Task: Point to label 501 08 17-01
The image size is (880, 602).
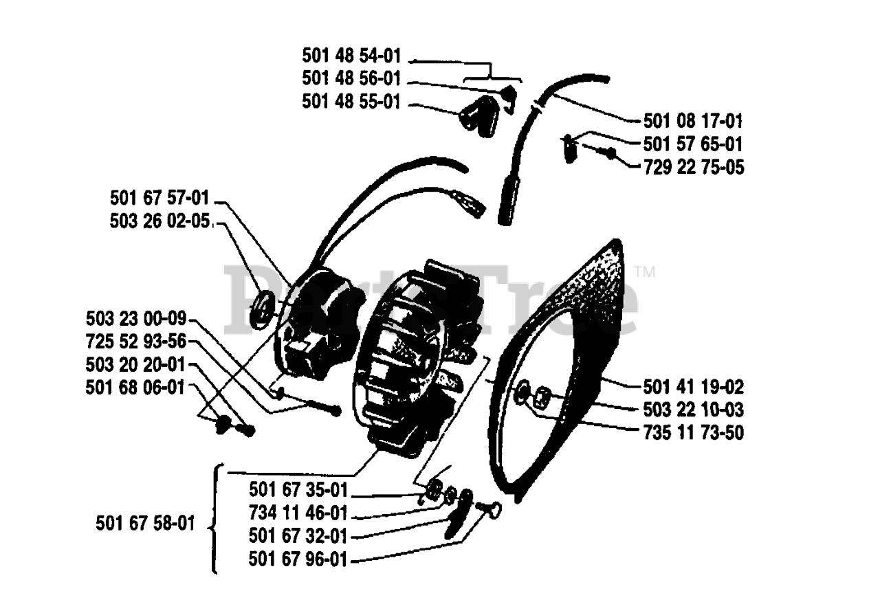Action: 693,121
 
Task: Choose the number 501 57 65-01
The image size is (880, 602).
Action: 693,144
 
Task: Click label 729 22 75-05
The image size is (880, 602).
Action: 693,167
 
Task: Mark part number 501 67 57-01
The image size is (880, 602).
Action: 159,199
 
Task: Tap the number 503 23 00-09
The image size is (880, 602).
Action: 136,319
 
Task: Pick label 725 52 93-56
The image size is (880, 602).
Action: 136,342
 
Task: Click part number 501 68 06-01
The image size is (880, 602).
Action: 136,387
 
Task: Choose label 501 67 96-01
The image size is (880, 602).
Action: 298,560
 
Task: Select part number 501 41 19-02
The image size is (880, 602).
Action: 693,387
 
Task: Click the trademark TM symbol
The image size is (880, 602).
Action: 645,271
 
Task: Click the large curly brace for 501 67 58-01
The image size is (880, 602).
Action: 214,520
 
